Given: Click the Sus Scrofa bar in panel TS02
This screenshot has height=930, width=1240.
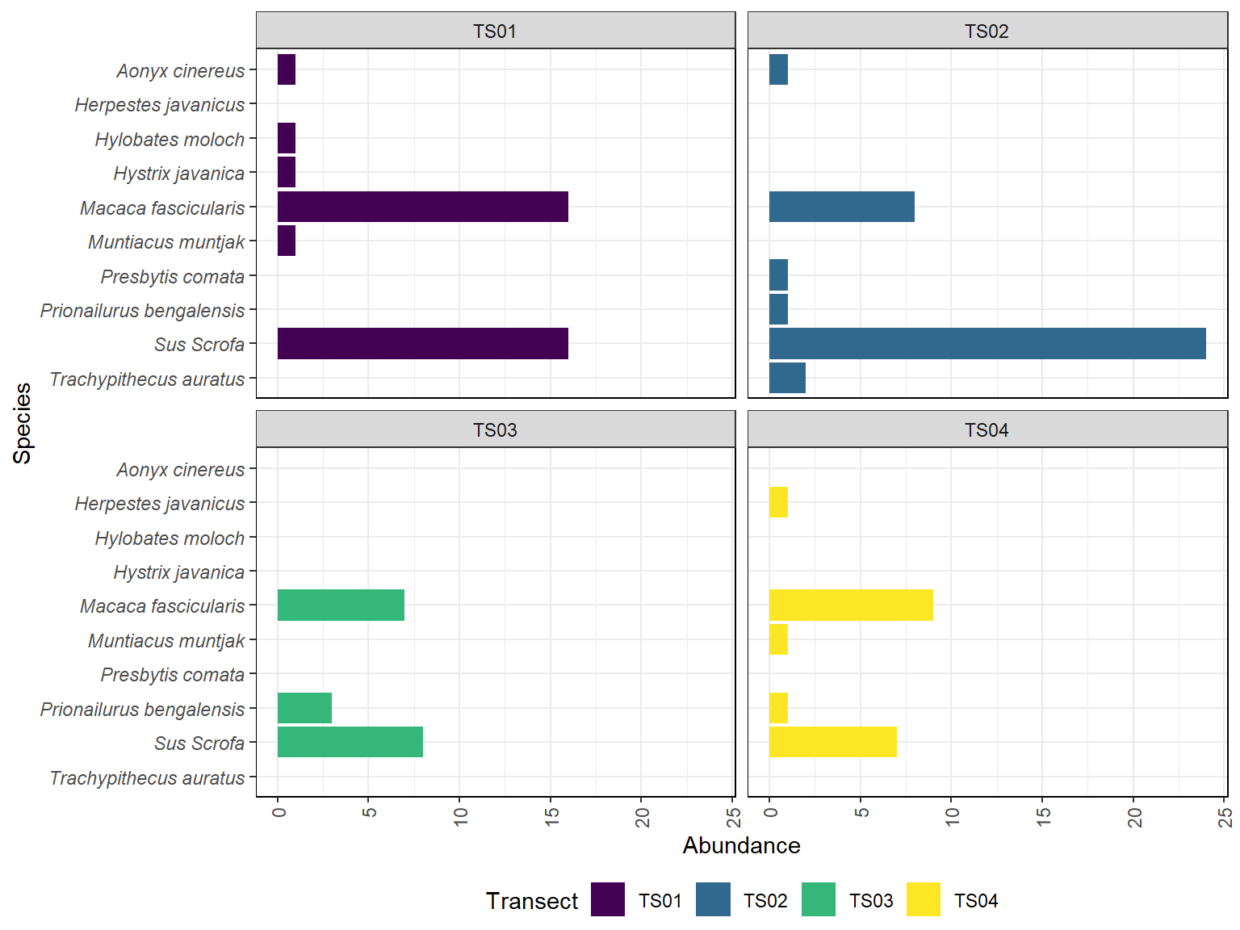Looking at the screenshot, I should pyautogui.click(x=987, y=344).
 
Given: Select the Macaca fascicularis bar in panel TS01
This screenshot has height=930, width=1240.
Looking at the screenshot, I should pyautogui.click(x=422, y=207).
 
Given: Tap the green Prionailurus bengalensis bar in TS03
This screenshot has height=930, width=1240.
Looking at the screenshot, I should pyautogui.click(x=304, y=708).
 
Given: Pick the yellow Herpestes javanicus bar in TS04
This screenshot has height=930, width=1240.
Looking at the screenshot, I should pyautogui.click(x=778, y=502).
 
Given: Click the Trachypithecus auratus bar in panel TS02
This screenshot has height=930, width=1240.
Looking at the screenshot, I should pyautogui.click(x=787, y=378).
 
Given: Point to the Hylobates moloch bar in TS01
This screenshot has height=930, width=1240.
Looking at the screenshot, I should pyautogui.click(x=287, y=138).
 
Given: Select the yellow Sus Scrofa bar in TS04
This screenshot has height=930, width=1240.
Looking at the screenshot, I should pyautogui.click(x=832, y=742).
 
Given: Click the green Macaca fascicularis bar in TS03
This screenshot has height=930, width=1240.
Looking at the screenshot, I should pyautogui.click(x=341, y=605).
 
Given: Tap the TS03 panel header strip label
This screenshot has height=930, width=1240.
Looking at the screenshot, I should pyautogui.click(x=495, y=429).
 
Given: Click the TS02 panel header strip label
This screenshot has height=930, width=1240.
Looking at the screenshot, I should pyautogui.click(x=987, y=31).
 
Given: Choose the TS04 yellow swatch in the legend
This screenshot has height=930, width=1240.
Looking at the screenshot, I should pyautogui.click(x=924, y=900).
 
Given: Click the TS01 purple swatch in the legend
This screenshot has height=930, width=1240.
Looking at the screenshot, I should pyautogui.click(x=608, y=900).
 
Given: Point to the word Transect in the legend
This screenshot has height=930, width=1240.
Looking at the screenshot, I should pyautogui.click(x=532, y=901).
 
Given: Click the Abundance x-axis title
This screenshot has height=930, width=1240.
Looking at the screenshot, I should pyautogui.click(x=741, y=845).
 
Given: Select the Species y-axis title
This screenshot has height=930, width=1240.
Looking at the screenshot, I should pyautogui.click(x=23, y=423).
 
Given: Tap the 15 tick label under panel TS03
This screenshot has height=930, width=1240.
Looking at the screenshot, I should pyautogui.click(x=551, y=817).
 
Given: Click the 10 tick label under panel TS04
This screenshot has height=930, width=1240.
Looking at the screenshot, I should pyautogui.click(x=953, y=817).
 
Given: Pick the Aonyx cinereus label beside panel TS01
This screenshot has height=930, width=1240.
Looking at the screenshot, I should pyautogui.click(x=180, y=71).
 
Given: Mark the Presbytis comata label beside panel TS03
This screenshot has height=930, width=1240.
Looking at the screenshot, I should pyautogui.click(x=172, y=675).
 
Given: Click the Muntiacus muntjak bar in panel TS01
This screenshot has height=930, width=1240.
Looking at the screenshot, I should pyautogui.click(x=287, y=241).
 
